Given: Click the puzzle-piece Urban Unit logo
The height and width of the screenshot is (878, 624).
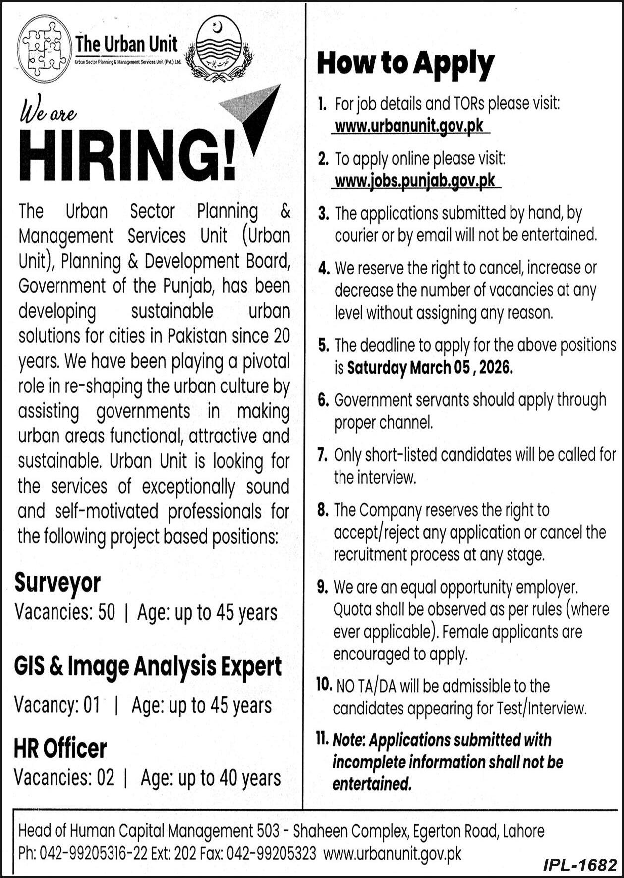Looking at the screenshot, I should (x=44, y=49).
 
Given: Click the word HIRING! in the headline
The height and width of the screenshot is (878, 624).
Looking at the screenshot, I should (x=127, y=155).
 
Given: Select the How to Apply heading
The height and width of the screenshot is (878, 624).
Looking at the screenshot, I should (x=405, y=64).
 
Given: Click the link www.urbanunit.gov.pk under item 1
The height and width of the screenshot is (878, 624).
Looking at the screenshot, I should (x=409, y=126).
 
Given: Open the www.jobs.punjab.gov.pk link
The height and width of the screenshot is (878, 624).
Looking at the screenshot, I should (x=415, y=181).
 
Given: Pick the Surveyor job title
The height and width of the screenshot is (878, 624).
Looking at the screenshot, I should (x=57, y=583).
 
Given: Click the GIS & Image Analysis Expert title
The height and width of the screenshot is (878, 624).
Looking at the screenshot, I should (x=148, y=667).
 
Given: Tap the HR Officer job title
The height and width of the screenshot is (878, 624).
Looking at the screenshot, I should (x=60, y=748).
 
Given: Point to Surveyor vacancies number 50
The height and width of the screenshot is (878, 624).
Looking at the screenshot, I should (x=107, y=613).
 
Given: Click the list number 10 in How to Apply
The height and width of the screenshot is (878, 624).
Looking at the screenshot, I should (x=323, y=685).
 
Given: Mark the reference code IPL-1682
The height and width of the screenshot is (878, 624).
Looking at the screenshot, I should (x=579, y=865).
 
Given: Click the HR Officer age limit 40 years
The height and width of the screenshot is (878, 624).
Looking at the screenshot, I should (x=250, y=778).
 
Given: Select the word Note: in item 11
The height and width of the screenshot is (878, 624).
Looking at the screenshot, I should (x=349, y=740).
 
